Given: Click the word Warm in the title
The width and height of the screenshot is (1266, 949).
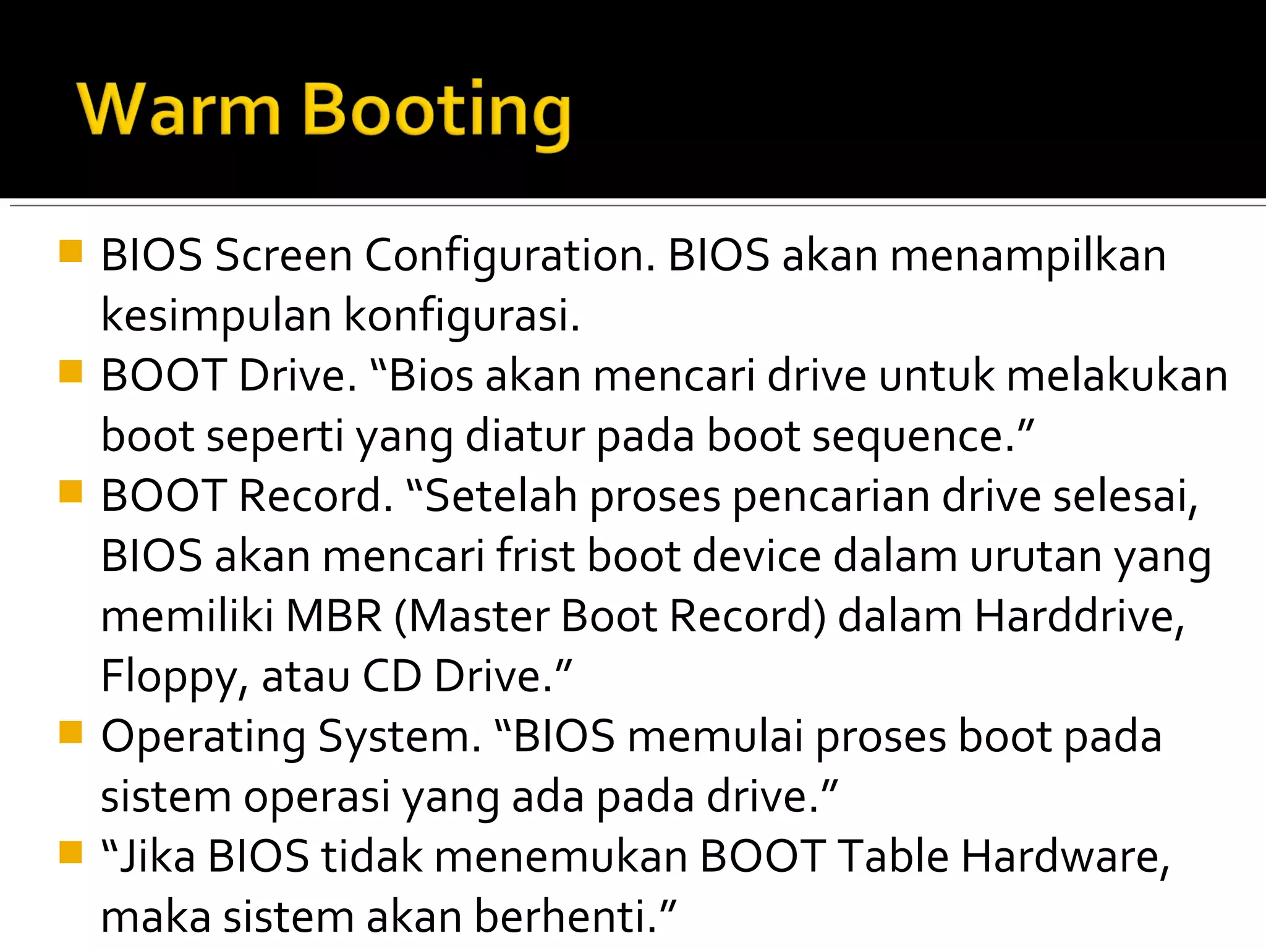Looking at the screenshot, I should coord(179,110).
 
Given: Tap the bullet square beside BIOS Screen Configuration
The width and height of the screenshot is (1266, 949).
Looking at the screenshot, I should coord(71,252).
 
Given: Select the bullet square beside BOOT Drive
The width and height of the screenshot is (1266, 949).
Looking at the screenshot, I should coord(71,373).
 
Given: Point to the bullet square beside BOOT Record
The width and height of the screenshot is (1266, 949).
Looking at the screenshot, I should coord(71,493).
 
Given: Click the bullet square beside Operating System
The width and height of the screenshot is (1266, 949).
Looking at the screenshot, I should coord(71,733).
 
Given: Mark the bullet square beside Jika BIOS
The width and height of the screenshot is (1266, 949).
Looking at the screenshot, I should coord(71,853).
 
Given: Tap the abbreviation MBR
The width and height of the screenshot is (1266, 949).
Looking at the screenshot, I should coord(334,617).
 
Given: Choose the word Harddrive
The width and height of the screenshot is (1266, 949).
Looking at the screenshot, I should coord(1079,617).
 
